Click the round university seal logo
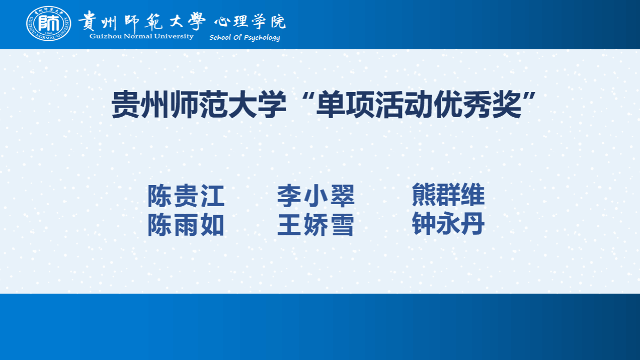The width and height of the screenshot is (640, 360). pos(49,24)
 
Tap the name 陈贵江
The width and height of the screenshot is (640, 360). pos(186,196)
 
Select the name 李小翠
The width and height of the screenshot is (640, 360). pos(315,196)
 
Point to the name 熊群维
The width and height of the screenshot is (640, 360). pos(448,195)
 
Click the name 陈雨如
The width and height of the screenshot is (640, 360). pos(186,225)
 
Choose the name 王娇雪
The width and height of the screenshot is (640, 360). pos(315,225)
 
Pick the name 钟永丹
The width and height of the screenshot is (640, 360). pos(448,224)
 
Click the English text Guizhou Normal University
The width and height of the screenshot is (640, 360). pos(141,37)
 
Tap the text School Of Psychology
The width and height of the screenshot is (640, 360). pos(245,38)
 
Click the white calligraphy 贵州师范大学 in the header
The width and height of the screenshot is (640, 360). pos(142,21)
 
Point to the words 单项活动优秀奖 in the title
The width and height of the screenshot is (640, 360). pos(419,105)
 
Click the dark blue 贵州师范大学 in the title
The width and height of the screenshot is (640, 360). pos(199,105)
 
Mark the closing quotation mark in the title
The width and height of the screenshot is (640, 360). pos(529,97)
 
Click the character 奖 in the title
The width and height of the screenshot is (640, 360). pos(507,105)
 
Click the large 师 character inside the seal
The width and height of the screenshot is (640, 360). pos(49,23)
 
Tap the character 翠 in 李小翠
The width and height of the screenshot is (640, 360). pos(342,196)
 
